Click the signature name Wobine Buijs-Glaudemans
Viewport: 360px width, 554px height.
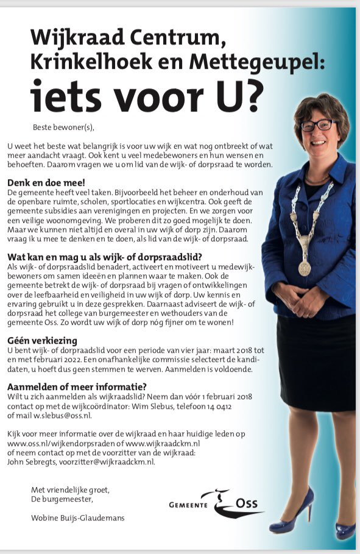tap(78, 518)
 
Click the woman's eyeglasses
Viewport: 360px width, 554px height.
tap(317, 125)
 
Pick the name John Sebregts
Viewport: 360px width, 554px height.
tap(30, 462)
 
